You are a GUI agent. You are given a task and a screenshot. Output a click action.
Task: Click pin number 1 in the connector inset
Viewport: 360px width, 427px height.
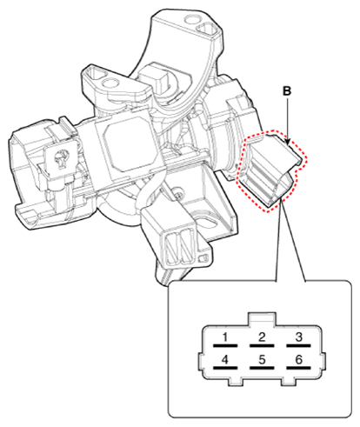tap(224, 337)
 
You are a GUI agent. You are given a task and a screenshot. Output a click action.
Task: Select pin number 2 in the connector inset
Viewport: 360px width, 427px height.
tap(262, 337)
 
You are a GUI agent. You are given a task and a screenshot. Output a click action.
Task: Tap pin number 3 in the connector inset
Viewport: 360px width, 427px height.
tap(299, 337)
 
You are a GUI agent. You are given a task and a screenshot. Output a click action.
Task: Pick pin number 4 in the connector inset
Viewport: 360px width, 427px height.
tap(224, 358)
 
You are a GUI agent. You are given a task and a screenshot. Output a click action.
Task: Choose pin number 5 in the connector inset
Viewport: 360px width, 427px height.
tap(262, 358)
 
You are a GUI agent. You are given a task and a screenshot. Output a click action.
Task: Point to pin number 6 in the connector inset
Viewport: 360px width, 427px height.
tap(299, 358)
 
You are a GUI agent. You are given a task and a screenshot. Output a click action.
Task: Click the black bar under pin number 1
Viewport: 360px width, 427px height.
tap(224, 346)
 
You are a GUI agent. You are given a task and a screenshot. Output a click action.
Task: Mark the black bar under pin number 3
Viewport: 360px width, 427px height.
tap(299, 346)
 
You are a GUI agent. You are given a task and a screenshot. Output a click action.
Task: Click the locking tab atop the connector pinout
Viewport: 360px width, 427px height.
tap(262, 319)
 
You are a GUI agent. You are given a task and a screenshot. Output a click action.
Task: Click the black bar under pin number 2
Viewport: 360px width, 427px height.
tap(262, 346)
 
